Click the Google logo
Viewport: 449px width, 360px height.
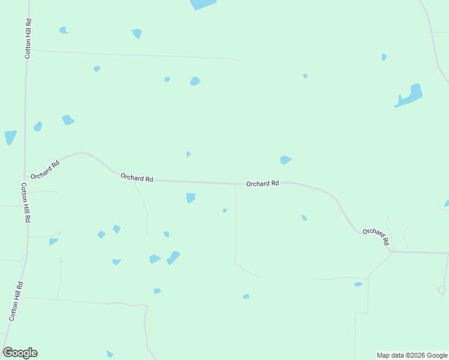point(20,353)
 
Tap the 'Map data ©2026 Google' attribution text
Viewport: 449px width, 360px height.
point(412,355)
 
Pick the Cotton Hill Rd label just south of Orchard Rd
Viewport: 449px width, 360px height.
point(25,203)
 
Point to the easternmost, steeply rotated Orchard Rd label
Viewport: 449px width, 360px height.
point(376,236)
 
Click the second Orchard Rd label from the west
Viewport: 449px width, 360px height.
point(137,178)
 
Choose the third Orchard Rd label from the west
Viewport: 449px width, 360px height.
point(262,184)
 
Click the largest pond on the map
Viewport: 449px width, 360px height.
point(411,96)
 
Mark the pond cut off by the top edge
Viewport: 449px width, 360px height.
point(202,4)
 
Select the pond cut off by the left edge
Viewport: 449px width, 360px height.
point(10,137)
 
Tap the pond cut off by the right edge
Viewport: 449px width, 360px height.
point(447,203)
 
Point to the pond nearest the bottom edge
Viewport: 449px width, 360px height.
point(110,354)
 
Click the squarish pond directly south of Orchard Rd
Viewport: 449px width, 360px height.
point(190,197)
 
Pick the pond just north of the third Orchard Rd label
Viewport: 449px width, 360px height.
point(285,160)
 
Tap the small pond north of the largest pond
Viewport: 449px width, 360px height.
point(384,57)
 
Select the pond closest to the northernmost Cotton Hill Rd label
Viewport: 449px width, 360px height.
point(63,30)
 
